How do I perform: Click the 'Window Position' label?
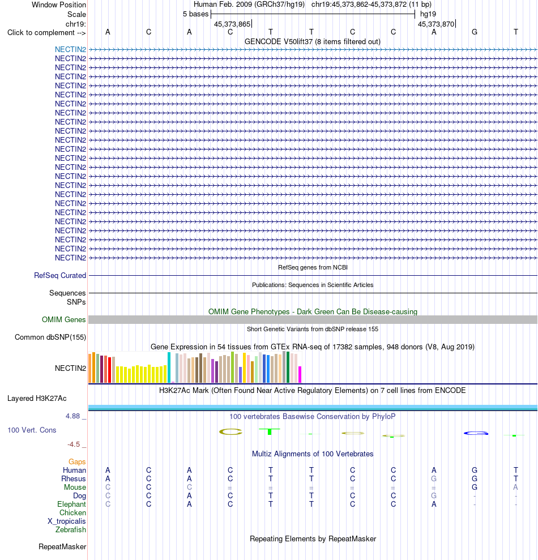point(58,5)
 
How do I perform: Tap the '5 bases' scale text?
point(195,14)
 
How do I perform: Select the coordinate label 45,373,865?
point(232,24)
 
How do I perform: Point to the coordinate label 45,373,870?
point(436,24)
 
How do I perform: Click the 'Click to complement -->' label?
point(46,33)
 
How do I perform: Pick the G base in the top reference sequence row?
point(475,32)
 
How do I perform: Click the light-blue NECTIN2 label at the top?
point(70,50)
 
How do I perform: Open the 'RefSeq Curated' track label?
point(60,275)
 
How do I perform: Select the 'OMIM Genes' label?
point(63,320)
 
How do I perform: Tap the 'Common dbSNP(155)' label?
point(50,337)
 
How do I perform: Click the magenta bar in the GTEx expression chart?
point(300,375)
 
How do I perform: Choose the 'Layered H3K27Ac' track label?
point(37,399)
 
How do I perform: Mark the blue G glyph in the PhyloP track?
point(476,433)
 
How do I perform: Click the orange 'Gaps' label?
point(77,462)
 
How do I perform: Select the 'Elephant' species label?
point(71,505)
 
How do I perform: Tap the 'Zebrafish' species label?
point(71,529)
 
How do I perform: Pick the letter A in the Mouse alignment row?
point(515,487)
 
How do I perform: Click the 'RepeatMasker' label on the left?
point(62,547)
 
